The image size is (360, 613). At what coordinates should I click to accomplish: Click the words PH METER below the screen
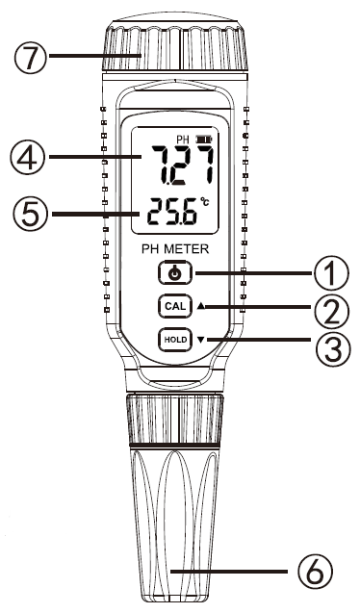pyautogui.click(x=173, y=248)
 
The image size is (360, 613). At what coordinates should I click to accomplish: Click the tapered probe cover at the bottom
pyautogui.click(x=173, y=520)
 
